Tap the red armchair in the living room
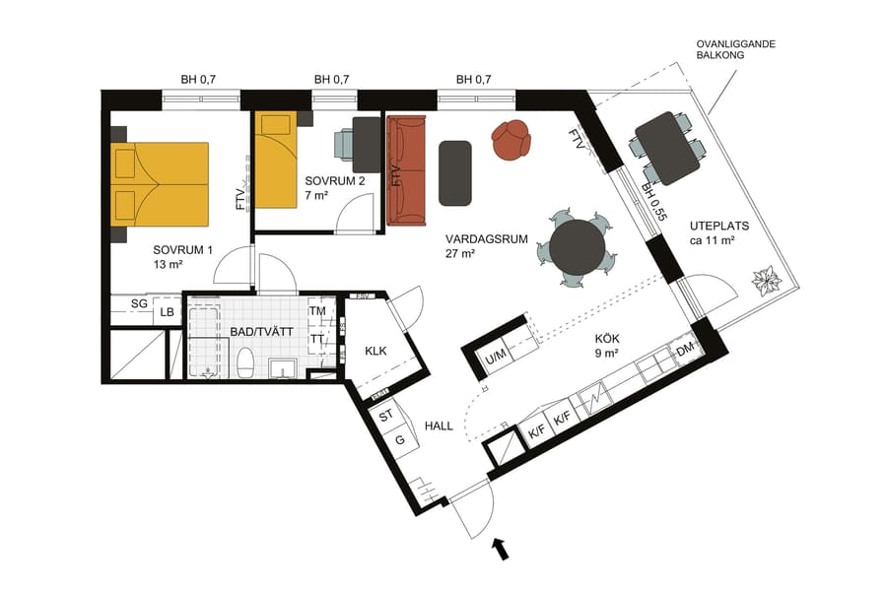512,140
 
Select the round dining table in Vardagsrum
579,246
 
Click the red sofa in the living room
406,170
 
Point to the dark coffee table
455,173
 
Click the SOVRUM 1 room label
182,257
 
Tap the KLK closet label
375,351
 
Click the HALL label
439,426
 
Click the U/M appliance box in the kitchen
496,356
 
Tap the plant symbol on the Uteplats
766,282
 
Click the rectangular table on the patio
667,148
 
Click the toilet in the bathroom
246,362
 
